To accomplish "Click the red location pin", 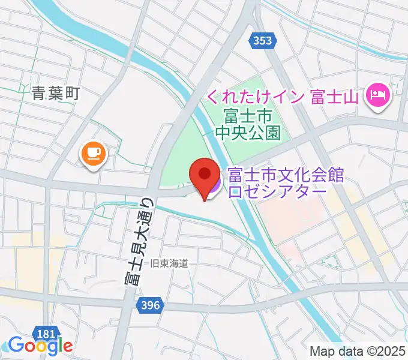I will (x=203, y=176).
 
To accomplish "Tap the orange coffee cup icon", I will (x=93, y=154).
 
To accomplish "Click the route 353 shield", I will (x=262, y=41).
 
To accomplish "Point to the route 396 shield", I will (x=151, y=305).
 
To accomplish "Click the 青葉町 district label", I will (x=56, y=93).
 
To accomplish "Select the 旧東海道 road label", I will (x=170, y=262).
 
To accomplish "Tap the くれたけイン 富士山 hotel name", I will (x=282, y=96).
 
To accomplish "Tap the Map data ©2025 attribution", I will (x=358, y=351).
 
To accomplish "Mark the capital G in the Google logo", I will (x=16, y=345).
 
